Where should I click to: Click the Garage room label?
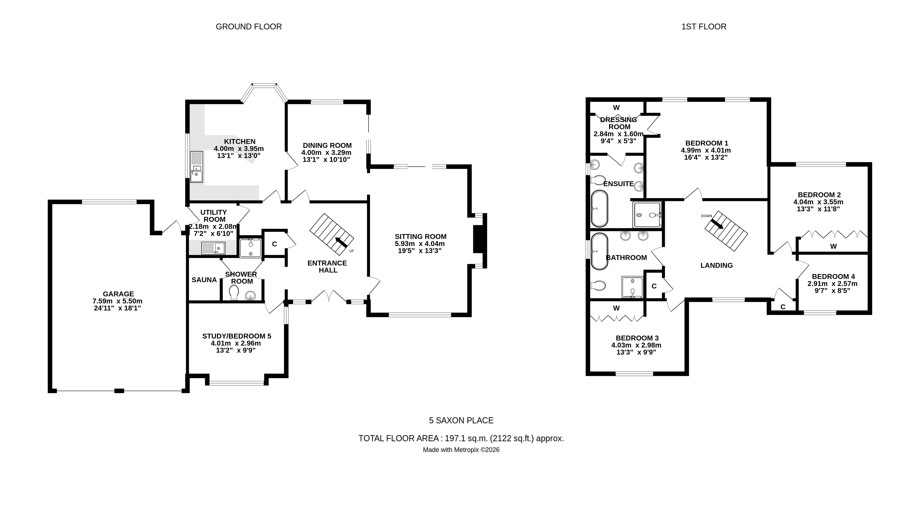tap(118, 294)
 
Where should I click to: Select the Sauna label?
tap(204, 280)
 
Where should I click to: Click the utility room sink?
tap(213, 248)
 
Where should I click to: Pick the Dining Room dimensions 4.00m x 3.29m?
tap(326, 152)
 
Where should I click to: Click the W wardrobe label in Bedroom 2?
tap(833, 246)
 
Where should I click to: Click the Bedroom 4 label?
tap(833, 276)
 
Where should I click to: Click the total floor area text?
tap(461, 438)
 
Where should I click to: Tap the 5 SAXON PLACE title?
tap(461, 421)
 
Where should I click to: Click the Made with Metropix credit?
tap(461, 450)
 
